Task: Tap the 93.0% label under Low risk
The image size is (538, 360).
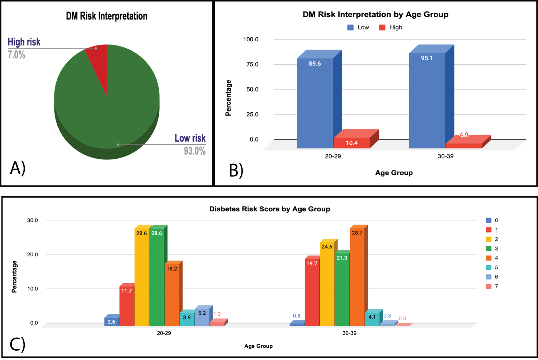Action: pyautogui.click(x=195, y=151)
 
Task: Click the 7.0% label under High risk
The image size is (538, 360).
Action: pyautogui.click(x=16, y=55)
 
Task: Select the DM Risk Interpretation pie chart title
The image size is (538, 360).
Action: pyautogui.click(x=107, y=16)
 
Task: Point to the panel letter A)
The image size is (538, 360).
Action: pyautogui.click(x=18, y=168)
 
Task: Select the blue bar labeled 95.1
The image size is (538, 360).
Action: pyautogui.click(x=427, y=100)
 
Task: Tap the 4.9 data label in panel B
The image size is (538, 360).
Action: pyautogui.click(x=464, y=135)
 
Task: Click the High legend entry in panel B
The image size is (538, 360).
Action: pyautogui.click(x=391, y=27)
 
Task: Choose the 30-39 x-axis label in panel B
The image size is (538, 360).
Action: pyautogui.click(x=445, y=156)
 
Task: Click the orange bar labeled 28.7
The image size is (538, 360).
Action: pyautogui.click(x=357, y=276)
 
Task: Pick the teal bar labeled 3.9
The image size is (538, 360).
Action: pyautogui.click(x=187, y=318)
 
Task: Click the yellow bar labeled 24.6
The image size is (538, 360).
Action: pyautogui.click(x=327, y=284)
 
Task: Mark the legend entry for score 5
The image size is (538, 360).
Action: pyautogui.click(x=492, y=267)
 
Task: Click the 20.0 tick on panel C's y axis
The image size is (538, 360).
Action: pyautogui.click(x=32, y=254)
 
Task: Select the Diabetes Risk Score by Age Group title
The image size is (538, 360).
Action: pyautogui.click(x=270, y=209)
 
